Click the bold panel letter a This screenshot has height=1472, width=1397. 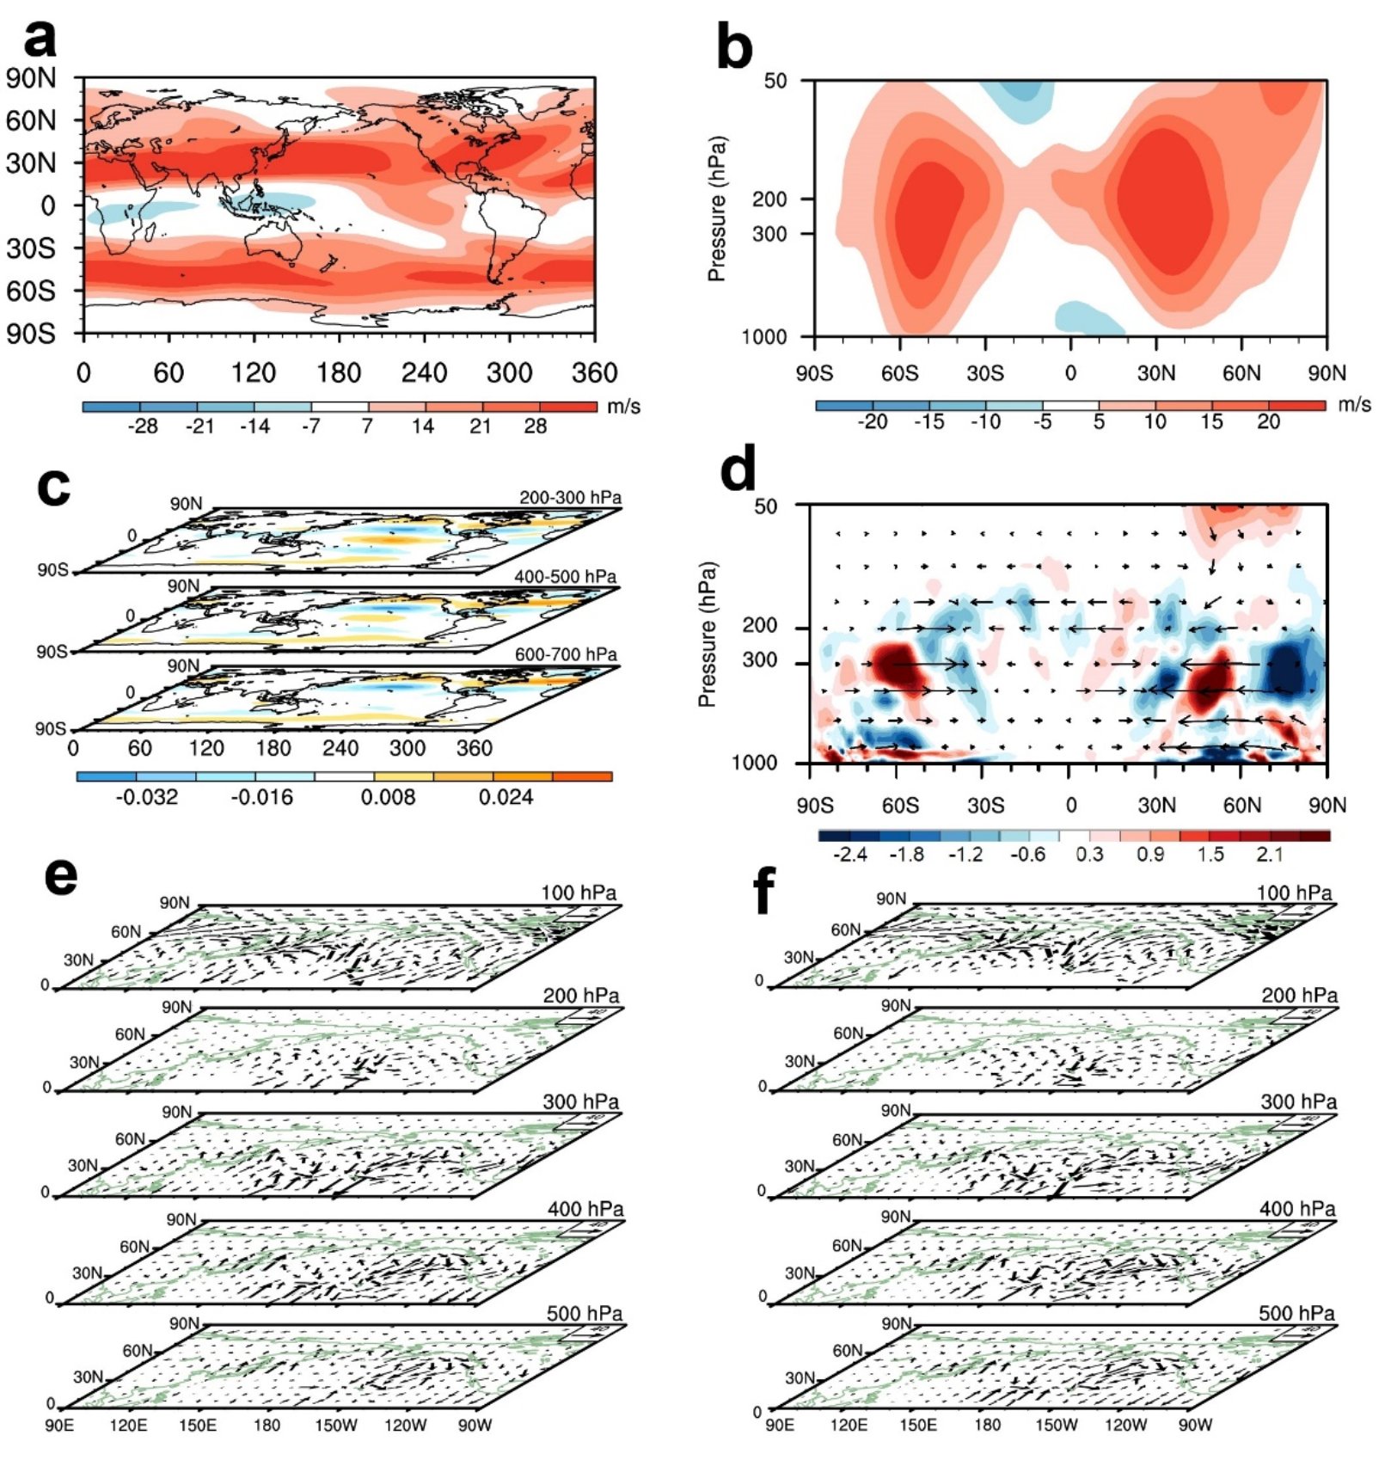click(x=40, y=39)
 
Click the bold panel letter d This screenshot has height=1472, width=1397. click(x=738, y=471)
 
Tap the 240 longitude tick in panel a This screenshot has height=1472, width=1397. click(x=424, y=373)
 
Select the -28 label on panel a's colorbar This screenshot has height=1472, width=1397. click(x=143, y=426)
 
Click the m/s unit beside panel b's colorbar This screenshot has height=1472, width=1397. click(x=1354, y=405)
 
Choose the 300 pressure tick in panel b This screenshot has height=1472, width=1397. click(x=769, y=234)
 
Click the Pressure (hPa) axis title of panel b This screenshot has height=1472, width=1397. click(x=716, y=209)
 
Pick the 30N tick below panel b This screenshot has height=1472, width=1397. click(x=1156, y=373)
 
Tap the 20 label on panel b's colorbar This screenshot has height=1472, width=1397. click(x=1268, y=422)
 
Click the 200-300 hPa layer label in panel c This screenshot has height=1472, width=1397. click(x=569, y=498)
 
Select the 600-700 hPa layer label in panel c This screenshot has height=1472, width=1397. click(x=566, y=654)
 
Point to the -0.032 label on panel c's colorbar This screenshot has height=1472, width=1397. click(x=146, y=797)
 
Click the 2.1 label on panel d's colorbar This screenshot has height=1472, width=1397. click(x=1269, y=855)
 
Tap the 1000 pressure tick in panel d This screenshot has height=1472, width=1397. click(x=754, y=763)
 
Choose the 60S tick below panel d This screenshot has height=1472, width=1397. click(x=900, y=806)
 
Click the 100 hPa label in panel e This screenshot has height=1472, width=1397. click(x=578, y=892)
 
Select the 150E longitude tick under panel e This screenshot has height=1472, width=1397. click(x=198, y=1426)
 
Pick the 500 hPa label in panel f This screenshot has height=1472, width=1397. click(x=1296, y=1313)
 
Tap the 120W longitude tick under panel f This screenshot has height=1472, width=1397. click(x=1125, y=1426)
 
